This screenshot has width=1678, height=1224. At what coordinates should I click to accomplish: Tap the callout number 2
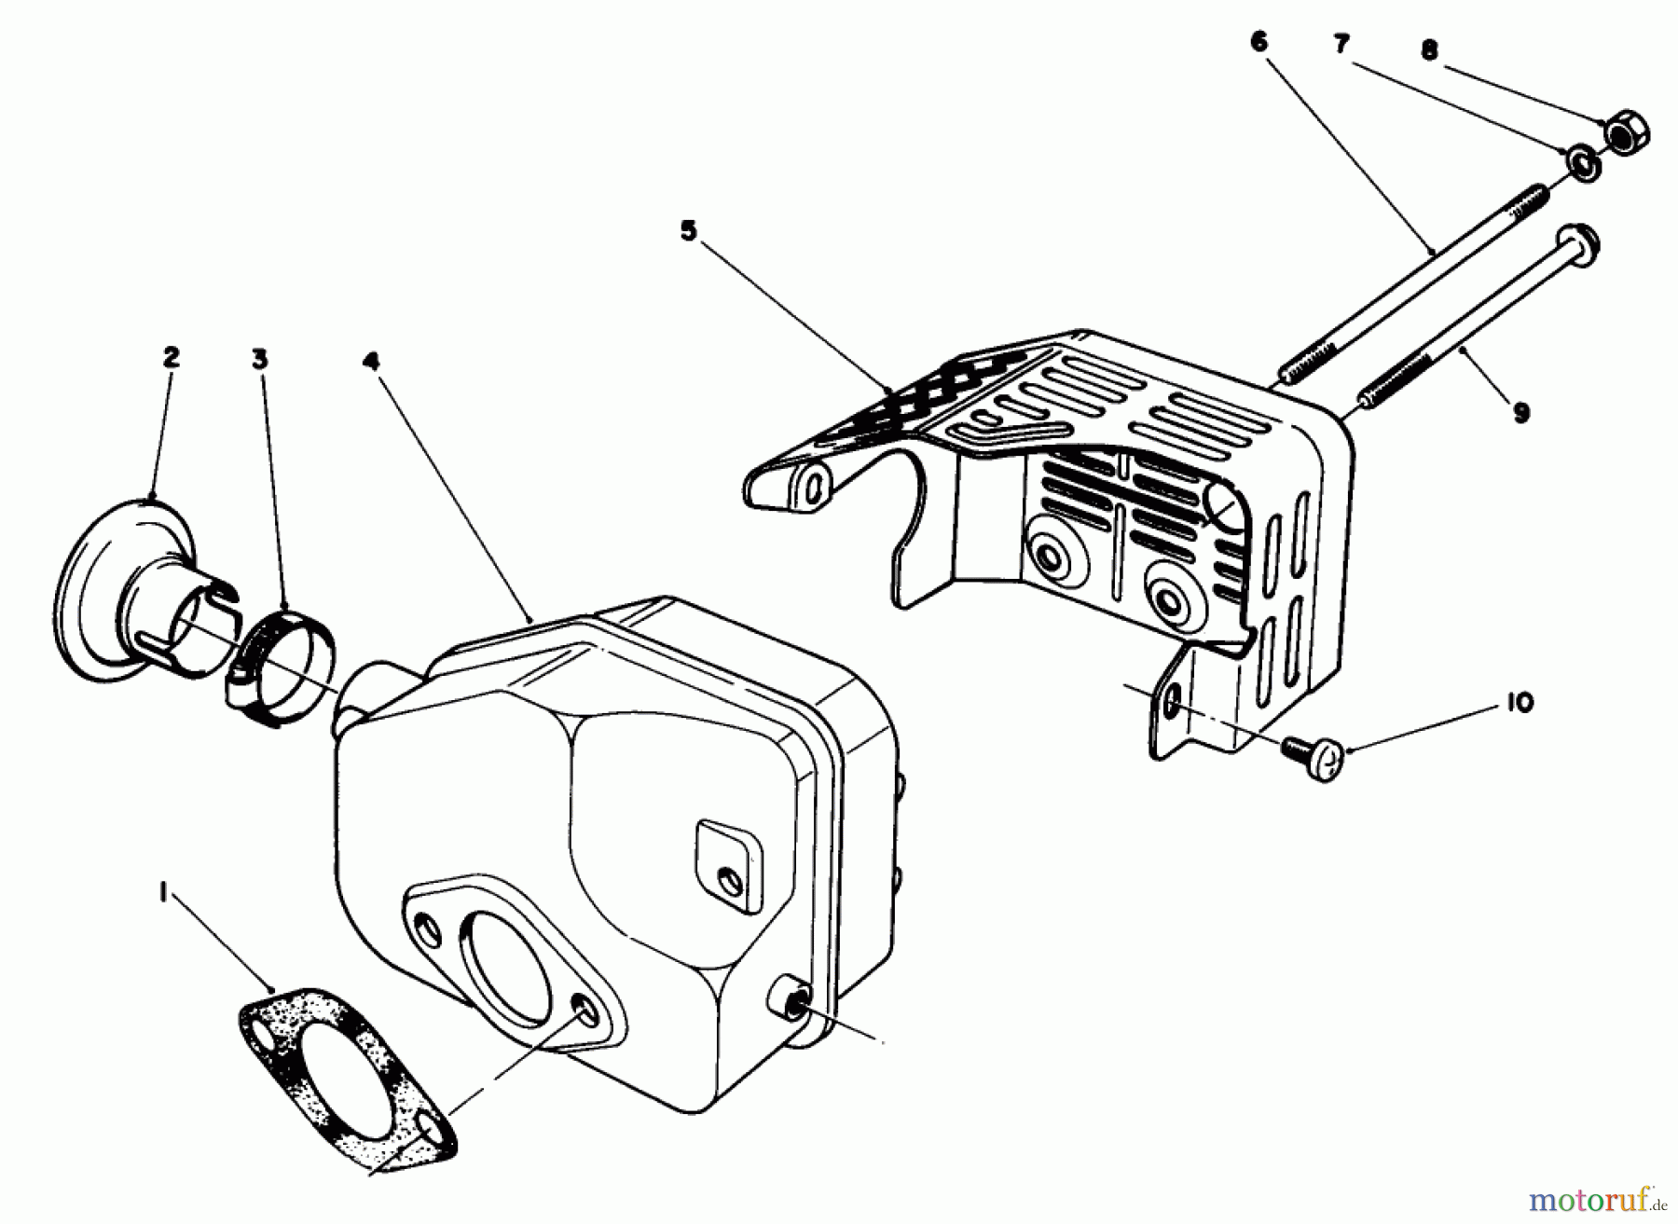coord(170,358)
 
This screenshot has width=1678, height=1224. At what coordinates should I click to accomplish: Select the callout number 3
coord(260,359)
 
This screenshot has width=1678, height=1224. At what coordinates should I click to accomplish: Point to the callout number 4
coord(371,361)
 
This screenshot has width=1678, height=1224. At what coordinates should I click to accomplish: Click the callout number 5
coord(688,231)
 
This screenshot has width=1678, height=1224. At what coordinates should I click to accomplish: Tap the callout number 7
coord(1341,44)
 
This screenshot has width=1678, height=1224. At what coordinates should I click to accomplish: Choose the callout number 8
coord(1429,50)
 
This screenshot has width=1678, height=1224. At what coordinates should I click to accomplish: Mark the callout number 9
coord(1520,411)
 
